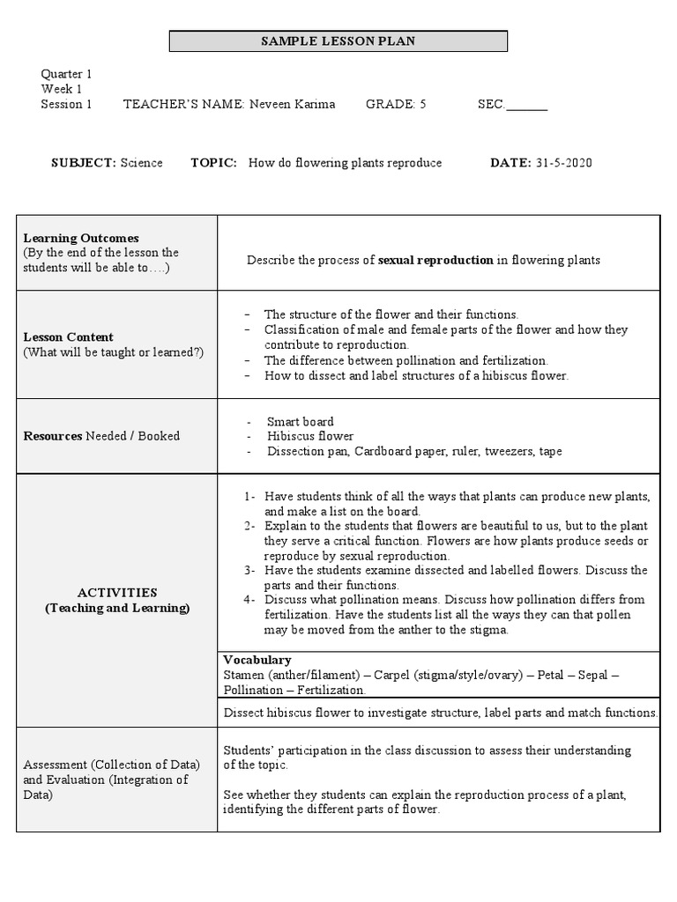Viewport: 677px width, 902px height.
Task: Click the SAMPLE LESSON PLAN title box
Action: (x=338, y=41)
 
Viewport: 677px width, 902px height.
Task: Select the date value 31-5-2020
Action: (x=563, y=163)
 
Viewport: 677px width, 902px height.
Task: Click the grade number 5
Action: (x=423, y=104)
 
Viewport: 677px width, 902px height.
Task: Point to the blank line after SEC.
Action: (x=527, y=106)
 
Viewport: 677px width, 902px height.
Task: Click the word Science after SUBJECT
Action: (x=141, y=163)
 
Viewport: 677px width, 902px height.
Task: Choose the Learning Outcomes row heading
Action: (x=81, y=238)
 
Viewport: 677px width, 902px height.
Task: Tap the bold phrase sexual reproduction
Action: (x=435, y=260)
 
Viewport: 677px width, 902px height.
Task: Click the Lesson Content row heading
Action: (x=69, y=336)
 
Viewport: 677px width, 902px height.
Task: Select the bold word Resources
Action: (x=53, y=435)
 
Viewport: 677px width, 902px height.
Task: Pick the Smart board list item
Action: (x=301, y=421)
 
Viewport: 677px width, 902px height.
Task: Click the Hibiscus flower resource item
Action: (x=310, y=436)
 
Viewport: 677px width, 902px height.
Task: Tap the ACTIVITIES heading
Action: (x=116, y=593)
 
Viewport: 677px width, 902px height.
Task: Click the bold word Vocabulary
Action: (x=257, y=660)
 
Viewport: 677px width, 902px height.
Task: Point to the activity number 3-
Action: (x=250, y=570)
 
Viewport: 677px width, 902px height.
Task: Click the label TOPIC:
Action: (x=213, y=163)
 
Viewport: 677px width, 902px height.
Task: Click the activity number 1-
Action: (x=250, y=496)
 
